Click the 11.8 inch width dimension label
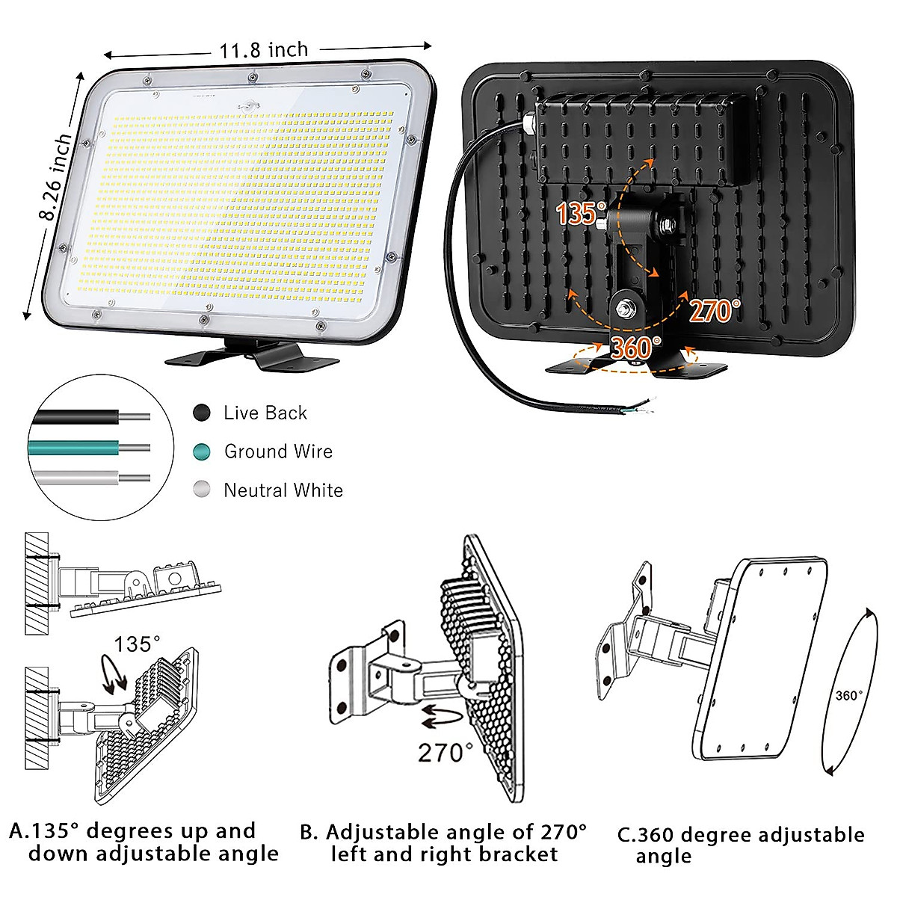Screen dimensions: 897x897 263,50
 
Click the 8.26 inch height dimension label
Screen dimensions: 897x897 57,178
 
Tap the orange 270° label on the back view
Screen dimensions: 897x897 714,310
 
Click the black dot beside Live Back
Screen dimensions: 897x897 202,413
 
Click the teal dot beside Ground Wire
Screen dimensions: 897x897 202,451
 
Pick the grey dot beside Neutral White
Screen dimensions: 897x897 202,490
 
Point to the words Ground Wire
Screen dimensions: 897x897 278,451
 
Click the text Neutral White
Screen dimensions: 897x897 283,490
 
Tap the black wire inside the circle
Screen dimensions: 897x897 75,417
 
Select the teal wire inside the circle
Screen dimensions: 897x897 75,448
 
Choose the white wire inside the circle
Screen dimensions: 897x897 75,478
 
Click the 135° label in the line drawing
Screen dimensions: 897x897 137,644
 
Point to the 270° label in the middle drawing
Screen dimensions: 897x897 445,753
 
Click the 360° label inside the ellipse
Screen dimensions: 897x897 848,696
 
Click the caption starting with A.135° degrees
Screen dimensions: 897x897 144,842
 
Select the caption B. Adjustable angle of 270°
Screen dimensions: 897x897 444,843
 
